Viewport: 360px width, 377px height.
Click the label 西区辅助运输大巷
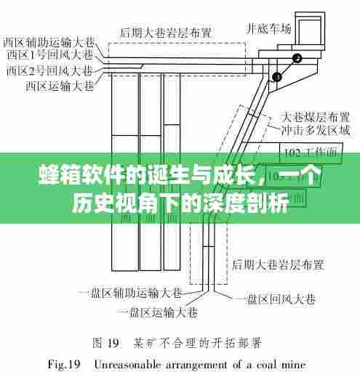point(49,41)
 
